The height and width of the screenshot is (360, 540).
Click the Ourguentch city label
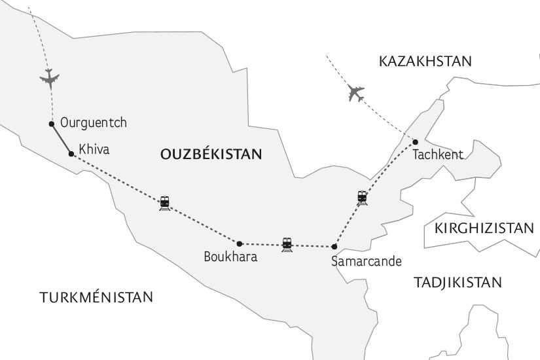point(93,122)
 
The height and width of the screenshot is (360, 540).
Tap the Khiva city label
point(94,150)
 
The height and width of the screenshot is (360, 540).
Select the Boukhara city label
point(230,257)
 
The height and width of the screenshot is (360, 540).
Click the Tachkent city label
point(438,155)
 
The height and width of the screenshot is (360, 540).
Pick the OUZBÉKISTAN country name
point(211,154)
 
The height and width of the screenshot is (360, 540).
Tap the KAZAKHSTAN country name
point(425,62)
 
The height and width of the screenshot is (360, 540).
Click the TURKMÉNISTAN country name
point(96,297)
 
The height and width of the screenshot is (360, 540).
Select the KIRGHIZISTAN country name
point(484,228)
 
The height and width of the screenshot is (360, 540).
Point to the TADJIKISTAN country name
point(458,283)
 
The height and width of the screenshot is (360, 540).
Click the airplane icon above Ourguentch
point(50,78)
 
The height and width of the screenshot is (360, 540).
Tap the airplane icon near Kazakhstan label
point(356,94)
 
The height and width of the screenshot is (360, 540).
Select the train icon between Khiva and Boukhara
point(164,203)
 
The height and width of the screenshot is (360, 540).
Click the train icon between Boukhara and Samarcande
point(287,245)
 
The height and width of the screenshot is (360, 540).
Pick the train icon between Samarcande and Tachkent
point(362,197)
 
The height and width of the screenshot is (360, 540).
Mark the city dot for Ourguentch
point(52,124)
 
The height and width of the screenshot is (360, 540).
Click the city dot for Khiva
point(71,154)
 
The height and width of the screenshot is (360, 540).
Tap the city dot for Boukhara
point(240,244)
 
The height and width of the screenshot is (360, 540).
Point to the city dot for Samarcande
point(334,247)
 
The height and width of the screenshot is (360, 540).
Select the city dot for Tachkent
point(415,142)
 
